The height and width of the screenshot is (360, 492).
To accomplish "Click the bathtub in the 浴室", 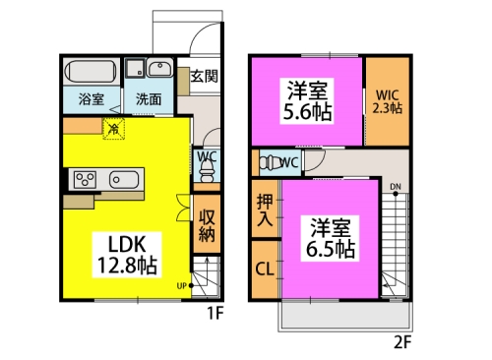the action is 91,71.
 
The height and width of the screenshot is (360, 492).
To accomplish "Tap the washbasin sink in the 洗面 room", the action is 159,68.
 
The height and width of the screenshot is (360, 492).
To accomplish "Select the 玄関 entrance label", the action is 204,76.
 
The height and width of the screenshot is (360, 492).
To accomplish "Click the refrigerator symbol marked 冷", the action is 114,129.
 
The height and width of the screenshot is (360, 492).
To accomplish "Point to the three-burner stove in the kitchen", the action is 85,179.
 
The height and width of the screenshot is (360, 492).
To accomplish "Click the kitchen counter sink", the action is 124,180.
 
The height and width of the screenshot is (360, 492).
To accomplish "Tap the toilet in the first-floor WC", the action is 206,172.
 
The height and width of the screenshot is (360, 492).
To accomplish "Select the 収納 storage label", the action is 207,225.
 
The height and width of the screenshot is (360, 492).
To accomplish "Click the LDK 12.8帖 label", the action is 127,255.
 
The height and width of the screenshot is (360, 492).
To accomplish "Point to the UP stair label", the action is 182,286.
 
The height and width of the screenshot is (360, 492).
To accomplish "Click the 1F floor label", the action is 215,313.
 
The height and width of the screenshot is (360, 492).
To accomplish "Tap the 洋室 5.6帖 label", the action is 307,101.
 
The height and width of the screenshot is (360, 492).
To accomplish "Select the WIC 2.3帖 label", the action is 388,101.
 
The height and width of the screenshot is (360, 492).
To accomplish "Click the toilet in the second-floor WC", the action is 271,162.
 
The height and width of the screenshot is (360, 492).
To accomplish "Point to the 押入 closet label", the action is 265,210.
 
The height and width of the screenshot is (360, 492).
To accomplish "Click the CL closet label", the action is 265,270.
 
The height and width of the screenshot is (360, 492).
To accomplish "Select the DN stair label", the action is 396,187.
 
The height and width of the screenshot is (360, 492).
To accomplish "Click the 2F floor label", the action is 402,342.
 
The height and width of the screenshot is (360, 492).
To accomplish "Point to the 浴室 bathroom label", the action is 92,99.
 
